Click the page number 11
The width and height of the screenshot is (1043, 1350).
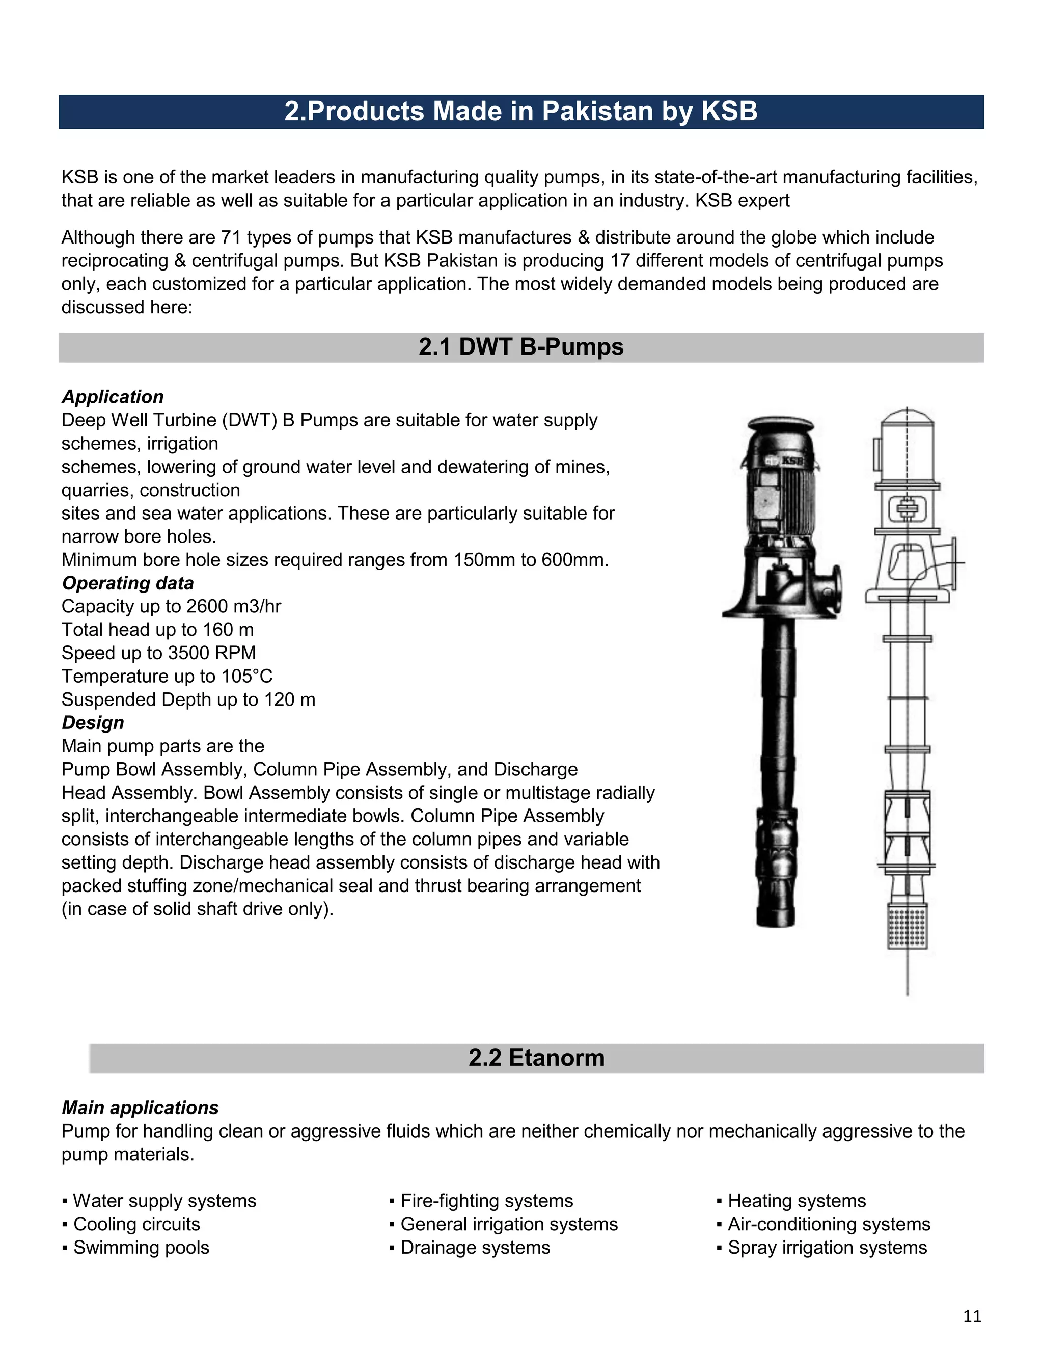click(972, 1316)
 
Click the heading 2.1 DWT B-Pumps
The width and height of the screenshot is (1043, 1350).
click(521, 347)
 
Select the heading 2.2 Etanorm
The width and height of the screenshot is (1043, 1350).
click(536, 1058)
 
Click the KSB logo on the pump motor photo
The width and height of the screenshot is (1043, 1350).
click(791, 461)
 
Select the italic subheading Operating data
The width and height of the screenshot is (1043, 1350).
click(127, 583)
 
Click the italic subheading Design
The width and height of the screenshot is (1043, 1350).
click(93, 722)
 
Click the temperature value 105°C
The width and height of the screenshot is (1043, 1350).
click(246, 676)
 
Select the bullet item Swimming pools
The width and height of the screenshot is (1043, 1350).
click(141, 1248)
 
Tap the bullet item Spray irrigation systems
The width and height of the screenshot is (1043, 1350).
click(827, 1248)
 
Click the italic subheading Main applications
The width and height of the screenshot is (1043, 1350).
click(140, 1108)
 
